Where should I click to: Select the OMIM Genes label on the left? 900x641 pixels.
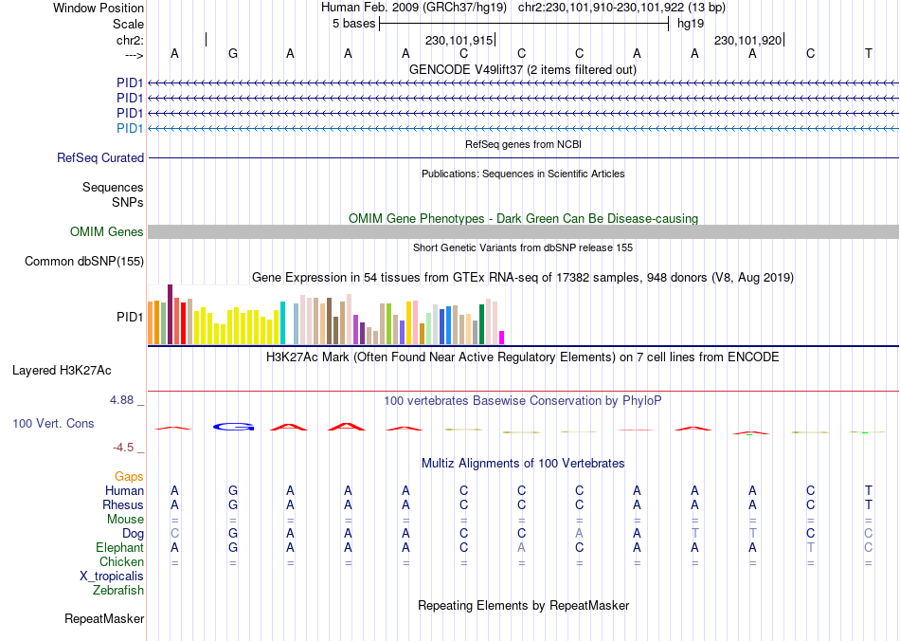coord(107,232)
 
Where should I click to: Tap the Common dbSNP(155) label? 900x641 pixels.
coord(84,262)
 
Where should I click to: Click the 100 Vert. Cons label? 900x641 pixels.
coord(53,423)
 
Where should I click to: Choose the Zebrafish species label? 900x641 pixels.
coord(118,591)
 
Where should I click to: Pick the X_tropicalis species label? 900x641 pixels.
coord(112,577)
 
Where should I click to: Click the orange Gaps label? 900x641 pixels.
coord(129,476)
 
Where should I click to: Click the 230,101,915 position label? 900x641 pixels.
coord(459,41)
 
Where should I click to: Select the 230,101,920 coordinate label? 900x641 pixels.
coord(747,41)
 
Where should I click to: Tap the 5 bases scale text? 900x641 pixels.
coord(353,24)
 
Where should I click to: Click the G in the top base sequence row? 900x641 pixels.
coord(233,54)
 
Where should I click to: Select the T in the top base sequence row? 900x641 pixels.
coord(868,54)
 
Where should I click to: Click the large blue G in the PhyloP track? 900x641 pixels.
coord(234,427)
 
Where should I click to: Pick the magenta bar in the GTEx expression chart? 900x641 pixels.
coord(502,337)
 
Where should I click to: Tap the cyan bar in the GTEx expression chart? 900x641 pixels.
coord(282,322)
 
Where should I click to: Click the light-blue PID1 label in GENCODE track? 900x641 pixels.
coord(130,128)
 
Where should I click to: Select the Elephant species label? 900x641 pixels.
coord(119,548)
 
